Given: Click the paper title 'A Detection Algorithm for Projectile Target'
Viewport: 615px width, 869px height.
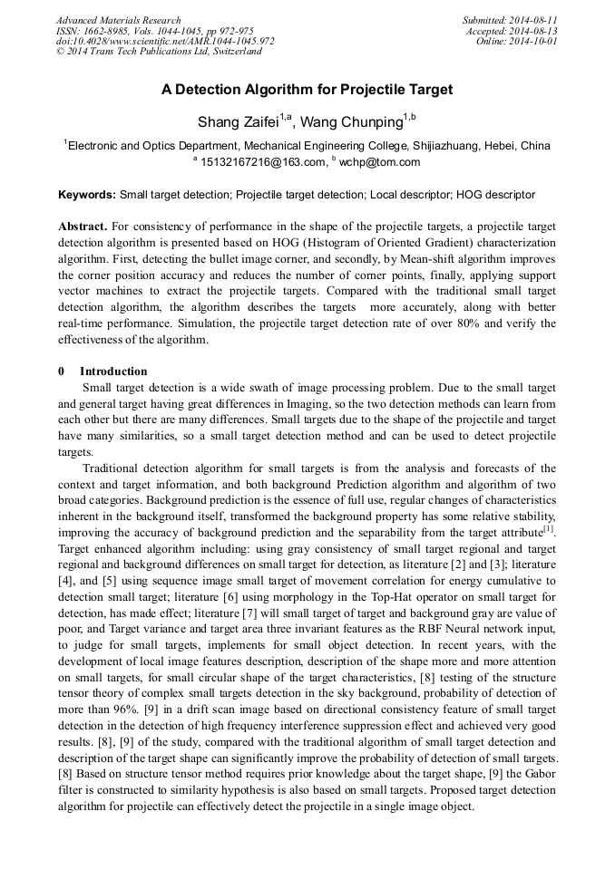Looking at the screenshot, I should [x=307, y=90].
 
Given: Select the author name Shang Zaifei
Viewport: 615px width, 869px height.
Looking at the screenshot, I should [x=238, y=121].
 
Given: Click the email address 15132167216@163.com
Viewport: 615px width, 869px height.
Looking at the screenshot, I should [x=262, y=162].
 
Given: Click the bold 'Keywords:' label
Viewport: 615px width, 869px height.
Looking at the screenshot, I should [x=87, y=194].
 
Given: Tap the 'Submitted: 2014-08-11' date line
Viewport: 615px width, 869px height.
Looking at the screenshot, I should [x=510, y=20].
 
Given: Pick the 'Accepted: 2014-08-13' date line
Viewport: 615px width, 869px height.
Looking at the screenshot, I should [x=512, y=31].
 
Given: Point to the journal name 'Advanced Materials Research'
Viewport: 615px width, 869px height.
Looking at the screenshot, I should [x=119, y=20].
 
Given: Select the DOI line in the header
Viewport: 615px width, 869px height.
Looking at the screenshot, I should [x=165, y=42].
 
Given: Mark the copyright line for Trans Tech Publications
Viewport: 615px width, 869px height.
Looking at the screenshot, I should [x=159, y=52].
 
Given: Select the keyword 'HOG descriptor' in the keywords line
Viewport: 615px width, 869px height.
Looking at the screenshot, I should [x=495, y=194].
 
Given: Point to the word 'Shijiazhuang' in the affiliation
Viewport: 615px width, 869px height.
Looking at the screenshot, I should [x=426, y=145].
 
